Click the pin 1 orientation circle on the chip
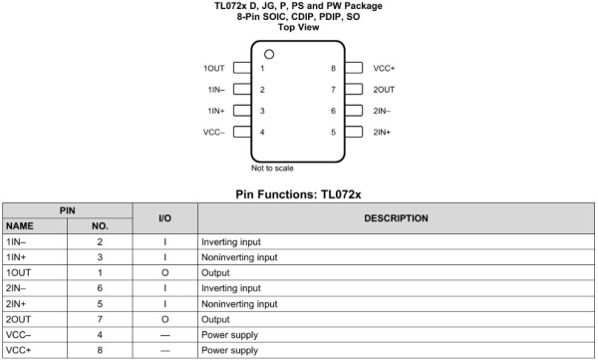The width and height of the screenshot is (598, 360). (269, 53)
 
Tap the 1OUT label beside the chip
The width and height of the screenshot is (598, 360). (214, 69)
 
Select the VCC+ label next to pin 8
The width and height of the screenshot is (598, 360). (384, 69)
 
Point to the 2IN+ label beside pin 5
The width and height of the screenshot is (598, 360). (382, 132)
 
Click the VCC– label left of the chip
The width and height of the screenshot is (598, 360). (213, 132)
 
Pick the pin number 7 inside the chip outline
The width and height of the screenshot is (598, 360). (333, 90)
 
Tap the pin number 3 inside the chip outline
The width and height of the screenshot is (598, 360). (262, 111)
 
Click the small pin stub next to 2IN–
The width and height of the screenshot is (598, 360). (354, 111)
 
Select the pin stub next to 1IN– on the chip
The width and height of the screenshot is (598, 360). (240, 90)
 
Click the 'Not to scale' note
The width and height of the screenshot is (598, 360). (272, 168)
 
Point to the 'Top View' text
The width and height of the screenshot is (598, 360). (299, 27)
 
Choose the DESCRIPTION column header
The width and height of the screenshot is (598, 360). (396, 217)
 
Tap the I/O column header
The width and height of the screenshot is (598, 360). (165, 217)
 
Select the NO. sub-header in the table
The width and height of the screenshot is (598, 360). (100, 226)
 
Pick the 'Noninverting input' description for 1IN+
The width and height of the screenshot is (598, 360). (239, 257)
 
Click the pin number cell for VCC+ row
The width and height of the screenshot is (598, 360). (100, 351)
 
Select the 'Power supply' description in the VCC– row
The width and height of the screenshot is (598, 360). (228, 336)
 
